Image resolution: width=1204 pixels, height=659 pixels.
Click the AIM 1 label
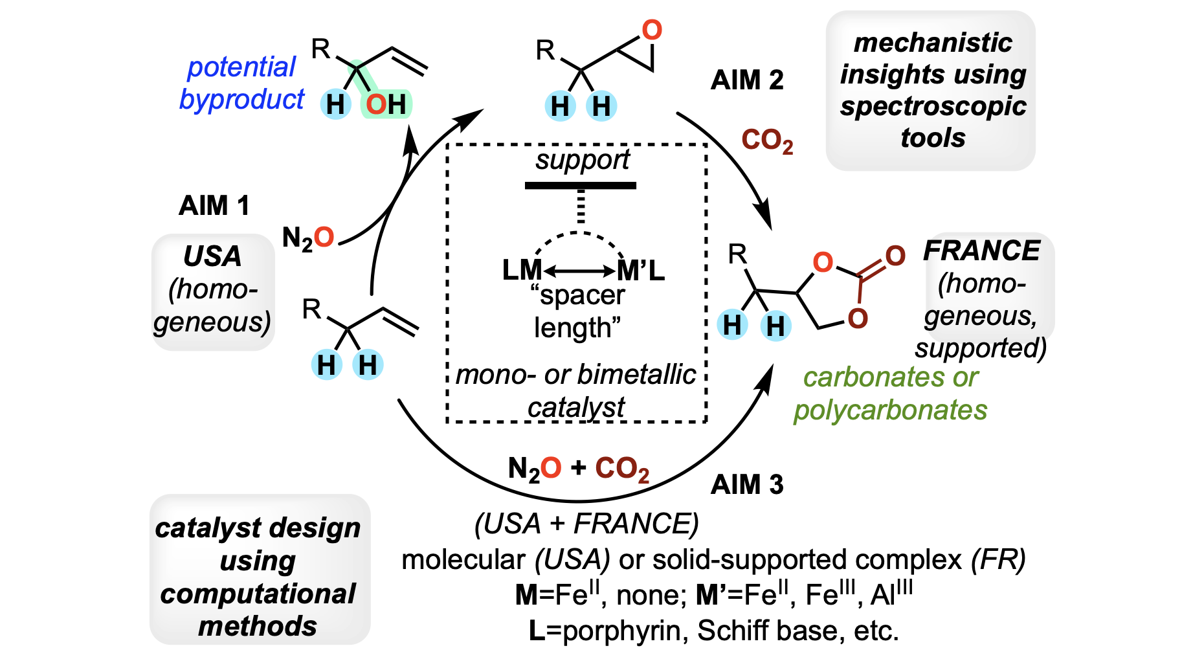(214, 206)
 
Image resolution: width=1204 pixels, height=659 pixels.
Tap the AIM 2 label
(747, 80)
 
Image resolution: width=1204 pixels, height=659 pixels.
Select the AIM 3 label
(747, 484)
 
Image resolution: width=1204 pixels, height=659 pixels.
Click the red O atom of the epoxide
(652, 30)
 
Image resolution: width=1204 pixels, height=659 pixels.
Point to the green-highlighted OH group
(386, 104)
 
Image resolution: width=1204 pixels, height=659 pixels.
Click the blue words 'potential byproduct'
(241, 83)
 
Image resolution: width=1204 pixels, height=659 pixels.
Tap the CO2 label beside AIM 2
(767, 140)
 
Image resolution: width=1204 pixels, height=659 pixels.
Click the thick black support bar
(581, 186)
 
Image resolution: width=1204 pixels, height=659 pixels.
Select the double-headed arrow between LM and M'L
(580, 271)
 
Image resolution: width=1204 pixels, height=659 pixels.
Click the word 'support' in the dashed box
(583, 160)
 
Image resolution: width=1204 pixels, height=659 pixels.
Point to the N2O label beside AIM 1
(308, 238)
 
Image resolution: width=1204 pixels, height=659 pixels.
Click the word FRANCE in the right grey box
(981, 251)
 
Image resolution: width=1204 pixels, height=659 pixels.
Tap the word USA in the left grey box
(212, 256)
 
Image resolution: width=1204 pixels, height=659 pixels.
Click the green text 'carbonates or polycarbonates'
(891, 394)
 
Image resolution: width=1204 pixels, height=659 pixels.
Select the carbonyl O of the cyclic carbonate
(895, 256)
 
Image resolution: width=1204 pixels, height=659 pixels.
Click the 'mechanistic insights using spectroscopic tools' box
(931, 91)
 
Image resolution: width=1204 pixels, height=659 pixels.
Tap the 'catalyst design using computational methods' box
(260, 570)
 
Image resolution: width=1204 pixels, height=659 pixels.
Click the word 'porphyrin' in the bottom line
(621, 631)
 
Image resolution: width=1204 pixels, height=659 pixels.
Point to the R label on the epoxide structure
(546, 50)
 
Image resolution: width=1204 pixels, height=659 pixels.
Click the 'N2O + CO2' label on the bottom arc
(579, 469)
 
